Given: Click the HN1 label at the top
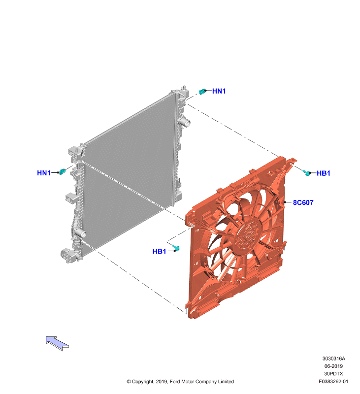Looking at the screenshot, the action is tap(219, 91).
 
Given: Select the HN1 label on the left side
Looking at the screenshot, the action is tap(44, 173).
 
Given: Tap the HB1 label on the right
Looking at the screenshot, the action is tap(324, 173).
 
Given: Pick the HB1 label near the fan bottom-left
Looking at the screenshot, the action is tap(159, 251).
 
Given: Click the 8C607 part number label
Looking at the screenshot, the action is tap(303, 202).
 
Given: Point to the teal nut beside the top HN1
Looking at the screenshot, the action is tap(202, 92).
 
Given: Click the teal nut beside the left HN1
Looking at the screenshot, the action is tap(62, 172).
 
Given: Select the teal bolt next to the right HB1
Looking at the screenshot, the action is tap(307, 173).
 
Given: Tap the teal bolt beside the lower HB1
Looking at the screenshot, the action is tap(177, 249).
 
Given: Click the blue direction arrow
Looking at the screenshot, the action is tap(57, 343).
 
